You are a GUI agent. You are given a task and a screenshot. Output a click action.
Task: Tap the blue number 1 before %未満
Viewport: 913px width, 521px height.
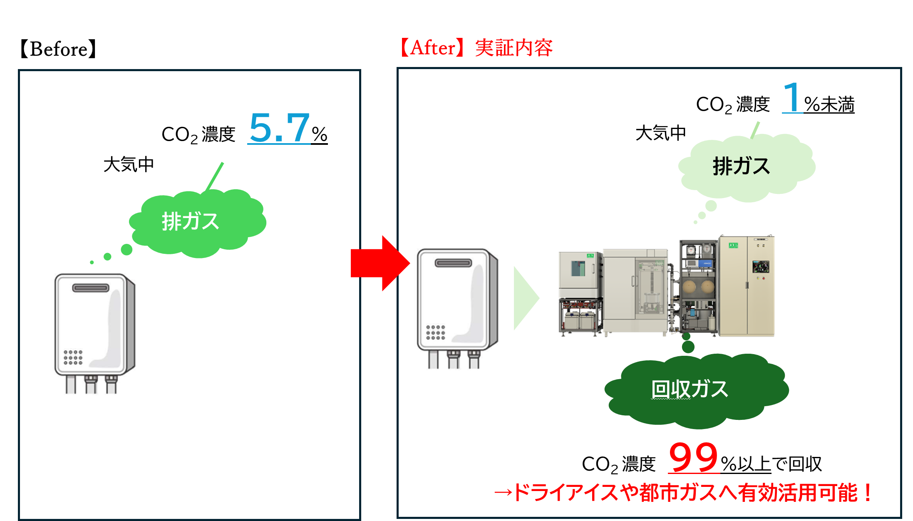pyautogui.click(x=791, y=97)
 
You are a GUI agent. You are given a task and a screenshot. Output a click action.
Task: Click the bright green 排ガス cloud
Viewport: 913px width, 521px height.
pyautogui.click(x=198, y=223)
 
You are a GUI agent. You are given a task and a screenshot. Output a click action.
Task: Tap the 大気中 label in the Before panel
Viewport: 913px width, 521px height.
pyautogui.click(x=129, y=164)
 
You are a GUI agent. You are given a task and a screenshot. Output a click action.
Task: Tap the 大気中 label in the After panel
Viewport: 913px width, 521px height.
pyautogui.click(x=661, y=133)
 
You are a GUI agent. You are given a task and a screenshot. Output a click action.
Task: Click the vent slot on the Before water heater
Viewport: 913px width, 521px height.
pyautogui.click(x=91, y=288)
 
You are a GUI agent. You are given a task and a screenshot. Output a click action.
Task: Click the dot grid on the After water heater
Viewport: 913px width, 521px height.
pyautogui.click(x=436, y=332)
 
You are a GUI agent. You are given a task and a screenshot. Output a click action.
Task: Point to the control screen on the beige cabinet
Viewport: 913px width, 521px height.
pyautogui.click(x=761, y=267)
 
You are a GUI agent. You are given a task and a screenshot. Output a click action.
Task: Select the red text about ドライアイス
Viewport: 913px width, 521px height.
pyautogui.click(x=683, y=493)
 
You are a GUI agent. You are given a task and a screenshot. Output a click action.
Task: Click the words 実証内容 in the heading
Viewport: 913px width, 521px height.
pyautogui.click(x=514, y=48)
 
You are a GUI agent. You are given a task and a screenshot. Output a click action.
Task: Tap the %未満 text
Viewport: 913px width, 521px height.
pyautogui.click(x=829, y=104)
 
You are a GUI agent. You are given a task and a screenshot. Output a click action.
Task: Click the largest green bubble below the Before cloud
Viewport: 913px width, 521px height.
pyautogui.click(x=127, y=250)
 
